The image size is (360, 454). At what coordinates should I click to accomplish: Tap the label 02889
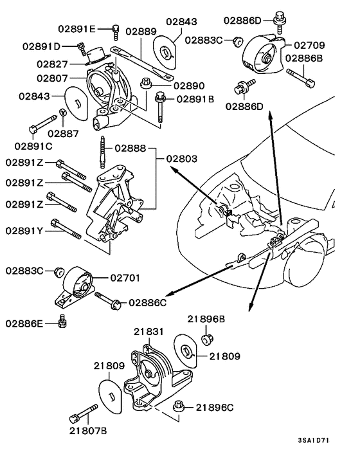pyautogui.click(x=141, y=31)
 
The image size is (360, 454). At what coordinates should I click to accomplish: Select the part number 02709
pyautogui.click(x=309, y=45)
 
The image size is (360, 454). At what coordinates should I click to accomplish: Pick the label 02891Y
pyautogui.click(x=24, y=230)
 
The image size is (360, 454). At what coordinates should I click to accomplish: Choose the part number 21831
pyautogui.click(x=150, y=332)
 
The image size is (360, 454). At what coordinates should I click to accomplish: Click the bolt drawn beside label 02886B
pyautogui.click(x=300, y=79)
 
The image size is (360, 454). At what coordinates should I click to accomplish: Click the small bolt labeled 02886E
pyautogui.click(x=62, y=320)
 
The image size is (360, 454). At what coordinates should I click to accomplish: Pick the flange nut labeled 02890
pyautogui.click(x=145, y=82)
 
